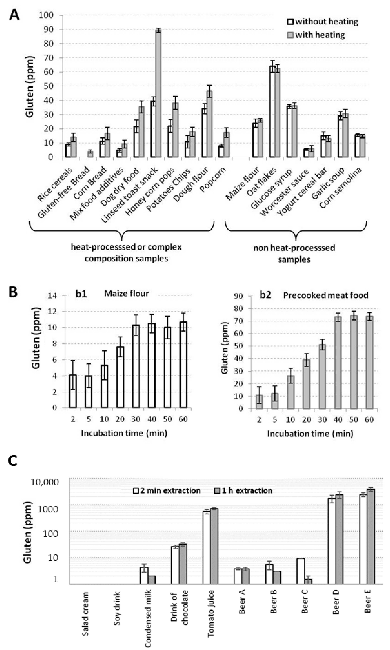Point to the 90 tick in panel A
47,29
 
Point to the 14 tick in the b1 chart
52,296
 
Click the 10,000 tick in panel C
45,482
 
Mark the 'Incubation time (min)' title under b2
310,434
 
